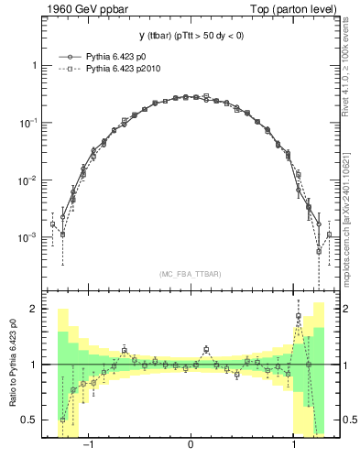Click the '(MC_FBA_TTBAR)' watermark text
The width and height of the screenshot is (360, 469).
190,274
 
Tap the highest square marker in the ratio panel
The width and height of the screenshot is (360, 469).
299,317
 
